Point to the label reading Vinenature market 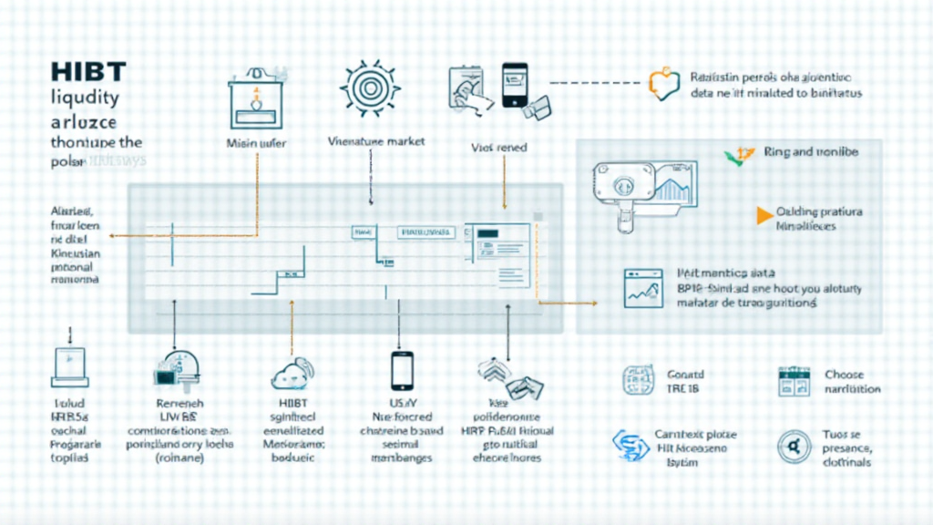(x=376, y=142)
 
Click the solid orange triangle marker (x=764, y=215)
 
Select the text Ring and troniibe (x=812, y=152)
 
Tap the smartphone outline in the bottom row (x=402, y=370)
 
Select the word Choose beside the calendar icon (x=844, y=374)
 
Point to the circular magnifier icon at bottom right (x=788, y=448)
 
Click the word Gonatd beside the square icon (x=686, y=374)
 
